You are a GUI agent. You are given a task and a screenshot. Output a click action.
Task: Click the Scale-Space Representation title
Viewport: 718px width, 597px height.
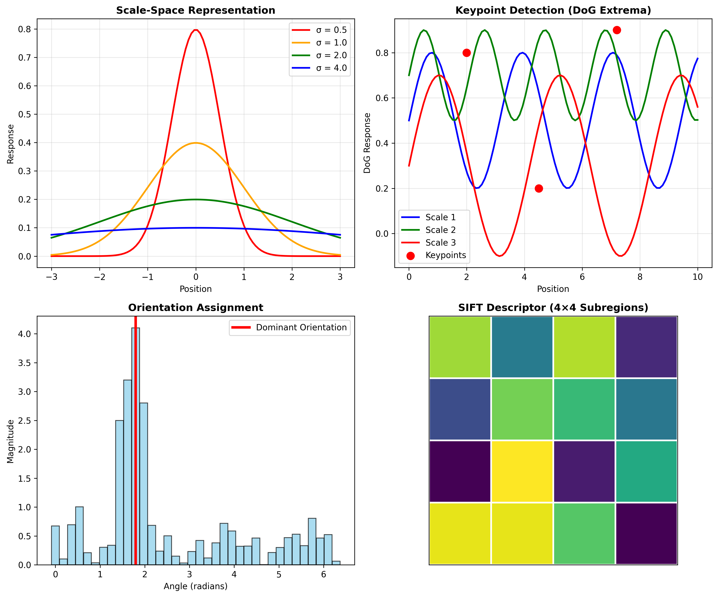pyautogui.click(x=195, y=10)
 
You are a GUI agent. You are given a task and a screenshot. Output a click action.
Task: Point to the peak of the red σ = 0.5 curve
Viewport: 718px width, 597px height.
pyautogui.click(x=195, y=30)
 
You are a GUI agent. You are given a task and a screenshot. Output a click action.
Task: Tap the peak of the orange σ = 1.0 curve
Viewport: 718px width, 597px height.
pyautogui.click(x=195, y=143)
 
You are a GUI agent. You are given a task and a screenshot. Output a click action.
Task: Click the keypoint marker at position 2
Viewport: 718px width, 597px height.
pyautogui.click(x=467, y=53)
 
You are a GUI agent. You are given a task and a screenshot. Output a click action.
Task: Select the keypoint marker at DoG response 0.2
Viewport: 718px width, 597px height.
pyautogui.click(x=539, y=189)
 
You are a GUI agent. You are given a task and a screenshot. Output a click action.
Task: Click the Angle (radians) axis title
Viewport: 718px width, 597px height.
pyautogui.click(x=195, y=586)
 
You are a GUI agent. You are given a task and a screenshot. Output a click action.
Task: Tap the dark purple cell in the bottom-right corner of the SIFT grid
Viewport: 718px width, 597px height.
pyautogui.click(x=646, y=533)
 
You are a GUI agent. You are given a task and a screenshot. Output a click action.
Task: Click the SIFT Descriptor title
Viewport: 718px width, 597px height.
pyautogui.click(x=553, y=308)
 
